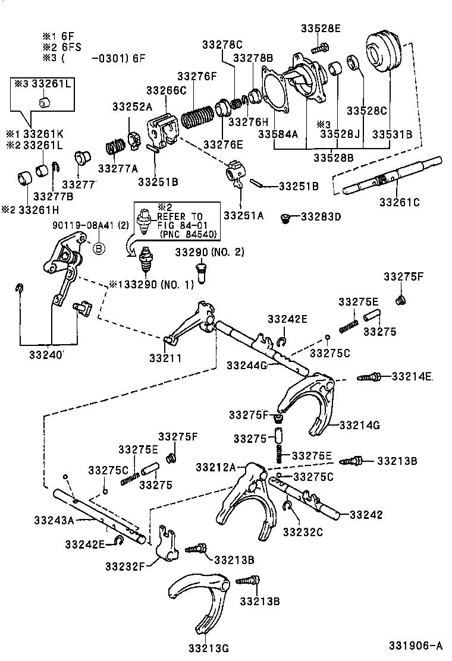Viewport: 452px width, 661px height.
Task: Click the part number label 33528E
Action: (321, 28)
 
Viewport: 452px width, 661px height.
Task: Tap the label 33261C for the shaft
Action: (400, 202)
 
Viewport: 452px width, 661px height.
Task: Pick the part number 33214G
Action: (360, 425)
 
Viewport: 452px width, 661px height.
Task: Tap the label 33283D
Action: (321, 217)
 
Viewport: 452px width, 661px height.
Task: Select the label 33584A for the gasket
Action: (278, 134)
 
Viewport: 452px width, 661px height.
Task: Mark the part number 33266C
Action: (166, 90)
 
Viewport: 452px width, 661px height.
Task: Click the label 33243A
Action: (70, 521)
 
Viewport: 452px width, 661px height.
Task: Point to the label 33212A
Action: (216, 467)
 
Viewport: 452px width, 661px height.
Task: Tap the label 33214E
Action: (412, 376)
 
